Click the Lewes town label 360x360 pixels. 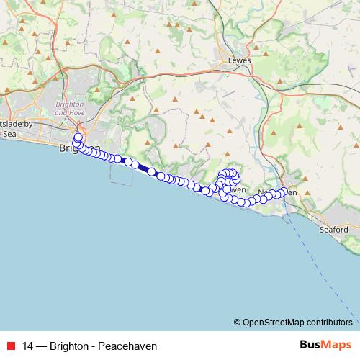point(239,60)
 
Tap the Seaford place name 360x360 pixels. point(335,230)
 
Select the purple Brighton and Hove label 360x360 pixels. point(69,108)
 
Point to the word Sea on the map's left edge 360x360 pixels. point(9,133)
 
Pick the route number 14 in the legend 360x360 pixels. point(27,345)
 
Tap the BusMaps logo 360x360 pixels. point(323,344)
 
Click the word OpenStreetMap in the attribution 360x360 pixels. point(274,323)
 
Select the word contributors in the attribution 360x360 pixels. point(330,323)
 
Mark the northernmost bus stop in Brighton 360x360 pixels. point(78,136)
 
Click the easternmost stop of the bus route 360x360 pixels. point(284,192)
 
